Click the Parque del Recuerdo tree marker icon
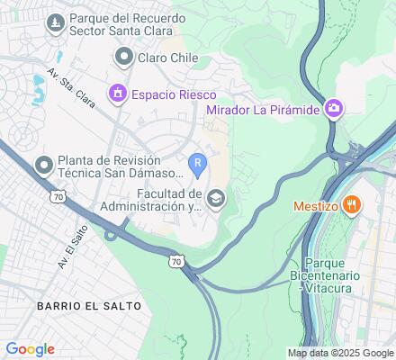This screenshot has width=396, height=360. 55,20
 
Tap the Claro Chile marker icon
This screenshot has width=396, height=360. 122,58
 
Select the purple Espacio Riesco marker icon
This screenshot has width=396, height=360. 116,93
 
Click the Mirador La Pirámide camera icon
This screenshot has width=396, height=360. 334,109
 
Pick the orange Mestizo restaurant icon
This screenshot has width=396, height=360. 353,205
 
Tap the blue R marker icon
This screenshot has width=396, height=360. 198,164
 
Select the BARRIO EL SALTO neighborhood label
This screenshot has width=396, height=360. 89,306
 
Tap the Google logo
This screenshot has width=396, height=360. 30,349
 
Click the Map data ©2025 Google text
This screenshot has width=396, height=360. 340,353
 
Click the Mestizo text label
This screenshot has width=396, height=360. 314,205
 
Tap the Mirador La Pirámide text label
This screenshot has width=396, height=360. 263,110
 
